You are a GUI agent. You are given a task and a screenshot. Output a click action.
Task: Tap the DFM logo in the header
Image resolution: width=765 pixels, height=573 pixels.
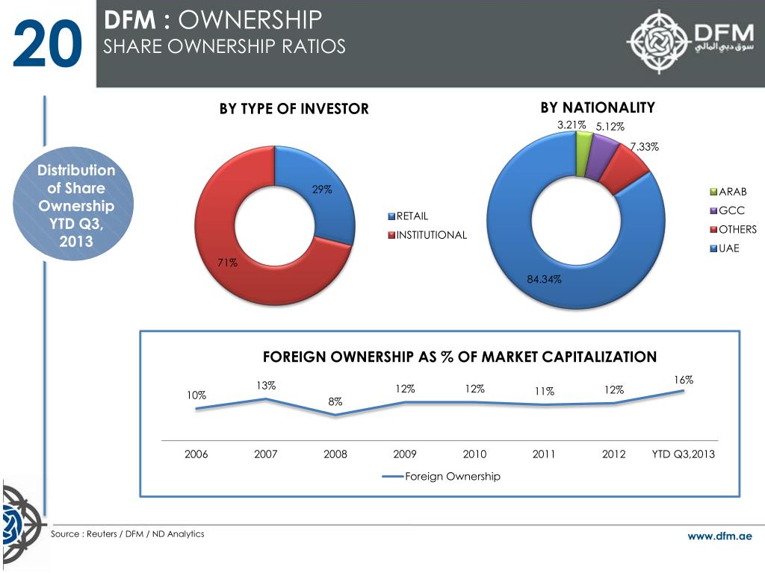pyautogui.click(x=688, y=42)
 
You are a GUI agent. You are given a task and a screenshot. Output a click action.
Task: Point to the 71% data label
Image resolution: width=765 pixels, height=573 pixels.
pyautogui.click(x=228, y=262)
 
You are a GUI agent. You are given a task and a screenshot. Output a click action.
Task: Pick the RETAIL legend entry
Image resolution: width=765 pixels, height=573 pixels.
pyautogui.click(x=412, y=216)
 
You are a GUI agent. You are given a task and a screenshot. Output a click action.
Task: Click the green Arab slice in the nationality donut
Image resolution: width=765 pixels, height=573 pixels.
pyautogui.click(x=583, y=144)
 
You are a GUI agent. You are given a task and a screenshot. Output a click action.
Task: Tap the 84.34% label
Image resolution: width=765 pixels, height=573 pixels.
pyautogui.click(x=544, y=279)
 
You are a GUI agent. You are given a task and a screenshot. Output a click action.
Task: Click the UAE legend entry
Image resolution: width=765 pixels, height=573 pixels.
pyautogui.click(x=728, y=248)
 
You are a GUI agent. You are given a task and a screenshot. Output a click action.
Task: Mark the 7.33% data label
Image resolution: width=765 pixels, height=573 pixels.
pyautogui.click(x=644, y=147)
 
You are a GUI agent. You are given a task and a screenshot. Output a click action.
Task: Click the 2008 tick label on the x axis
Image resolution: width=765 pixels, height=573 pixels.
pyautogui.click(x=335, y=454)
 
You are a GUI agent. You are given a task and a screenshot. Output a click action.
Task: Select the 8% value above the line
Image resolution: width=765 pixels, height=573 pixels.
pyautogui.click(x=335, y=401)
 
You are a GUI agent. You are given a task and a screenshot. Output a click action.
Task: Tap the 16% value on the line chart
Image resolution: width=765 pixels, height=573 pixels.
pyautogui.click(x=683, y=380)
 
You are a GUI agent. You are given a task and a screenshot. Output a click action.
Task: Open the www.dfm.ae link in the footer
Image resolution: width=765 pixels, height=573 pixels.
pyautogui.click(x=720, y=536)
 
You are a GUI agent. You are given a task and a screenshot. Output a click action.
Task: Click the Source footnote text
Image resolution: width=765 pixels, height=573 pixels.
pyautogui.click(x=127, y=534)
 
